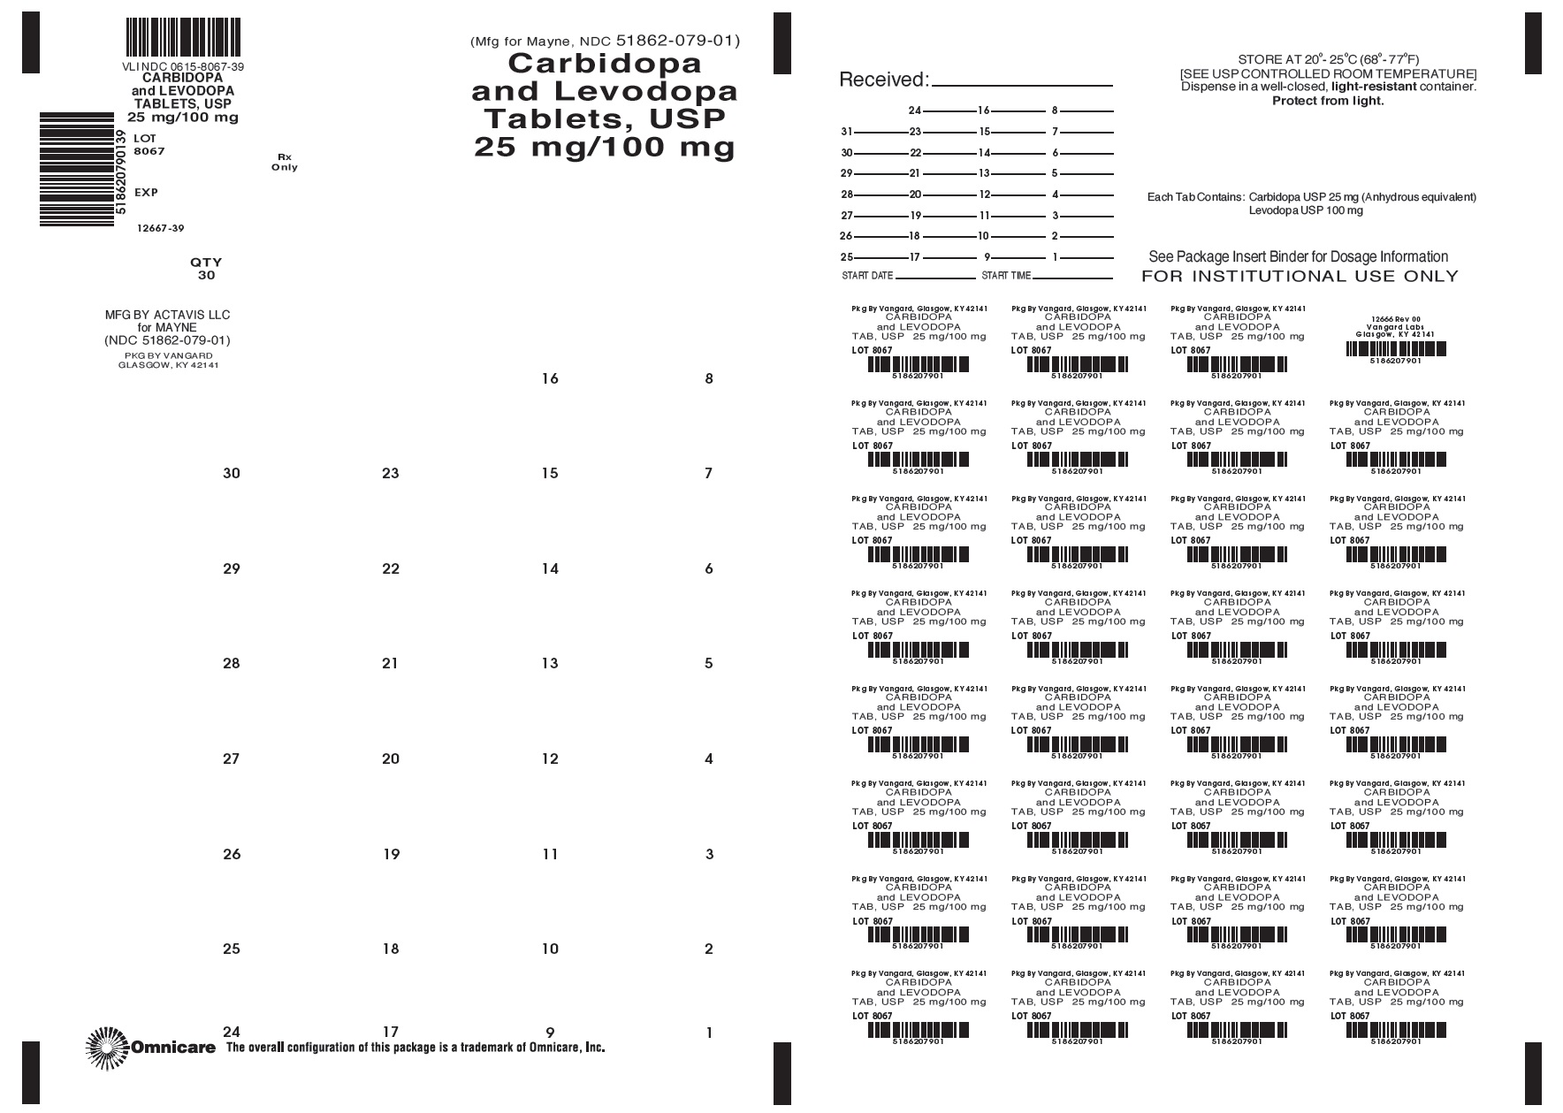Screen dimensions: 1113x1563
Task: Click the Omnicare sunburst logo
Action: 106,1048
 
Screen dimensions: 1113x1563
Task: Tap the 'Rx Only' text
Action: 285,162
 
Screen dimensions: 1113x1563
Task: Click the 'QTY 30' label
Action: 206,269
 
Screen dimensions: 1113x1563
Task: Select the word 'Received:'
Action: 883,80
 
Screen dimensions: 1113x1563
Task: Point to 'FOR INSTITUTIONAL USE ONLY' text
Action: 1300,276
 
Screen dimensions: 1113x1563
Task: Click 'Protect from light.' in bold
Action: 1328,101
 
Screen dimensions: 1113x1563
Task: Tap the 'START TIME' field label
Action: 1006,276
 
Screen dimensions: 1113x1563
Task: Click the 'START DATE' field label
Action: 867,276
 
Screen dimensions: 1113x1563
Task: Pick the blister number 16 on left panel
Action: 550,378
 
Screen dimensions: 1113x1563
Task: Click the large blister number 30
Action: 231,473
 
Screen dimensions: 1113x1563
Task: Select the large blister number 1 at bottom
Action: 708,1032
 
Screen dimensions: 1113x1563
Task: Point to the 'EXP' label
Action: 146,192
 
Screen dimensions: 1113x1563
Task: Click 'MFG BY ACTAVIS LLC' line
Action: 167,315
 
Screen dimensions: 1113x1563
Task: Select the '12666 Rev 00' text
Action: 1396,318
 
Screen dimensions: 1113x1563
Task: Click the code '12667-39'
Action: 160,228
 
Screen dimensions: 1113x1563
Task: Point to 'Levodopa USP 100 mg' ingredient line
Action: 1305,210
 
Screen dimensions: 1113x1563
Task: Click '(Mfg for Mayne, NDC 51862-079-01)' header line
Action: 605,41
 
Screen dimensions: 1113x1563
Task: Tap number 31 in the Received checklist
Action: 846,132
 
